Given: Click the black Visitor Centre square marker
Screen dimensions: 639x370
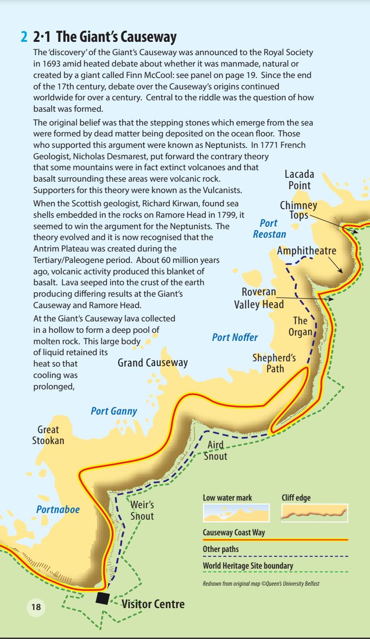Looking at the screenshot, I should click(102, 598).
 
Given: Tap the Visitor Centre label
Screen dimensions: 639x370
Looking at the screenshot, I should click(153, 604).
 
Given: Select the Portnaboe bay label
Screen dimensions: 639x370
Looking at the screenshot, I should click(58, 509).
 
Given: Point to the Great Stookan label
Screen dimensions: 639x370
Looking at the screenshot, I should click(48, 435).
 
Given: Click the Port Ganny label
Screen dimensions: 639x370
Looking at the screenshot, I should click(114, 411).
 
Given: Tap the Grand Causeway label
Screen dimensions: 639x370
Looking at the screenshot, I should click(152, 363).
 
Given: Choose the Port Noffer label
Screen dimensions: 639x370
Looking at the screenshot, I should click(234, 338).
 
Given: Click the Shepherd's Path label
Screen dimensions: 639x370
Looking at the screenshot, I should click(274, 364).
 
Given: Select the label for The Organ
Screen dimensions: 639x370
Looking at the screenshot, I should click(300, 326).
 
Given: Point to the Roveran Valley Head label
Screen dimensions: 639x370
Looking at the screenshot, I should click(259, 298).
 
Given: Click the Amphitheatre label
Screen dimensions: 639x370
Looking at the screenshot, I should click(307, 251).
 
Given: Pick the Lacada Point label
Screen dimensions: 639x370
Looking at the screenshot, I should click(300, 180).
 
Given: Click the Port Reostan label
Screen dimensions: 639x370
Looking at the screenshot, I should click(269, 229).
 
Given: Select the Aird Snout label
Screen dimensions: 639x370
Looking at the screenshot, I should click(215, 451).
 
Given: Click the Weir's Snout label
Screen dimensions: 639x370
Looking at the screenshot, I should click(142, 510).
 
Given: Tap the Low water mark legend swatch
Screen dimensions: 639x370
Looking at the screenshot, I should click(236, 513).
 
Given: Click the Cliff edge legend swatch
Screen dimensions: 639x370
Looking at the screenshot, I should click(314, 513).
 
